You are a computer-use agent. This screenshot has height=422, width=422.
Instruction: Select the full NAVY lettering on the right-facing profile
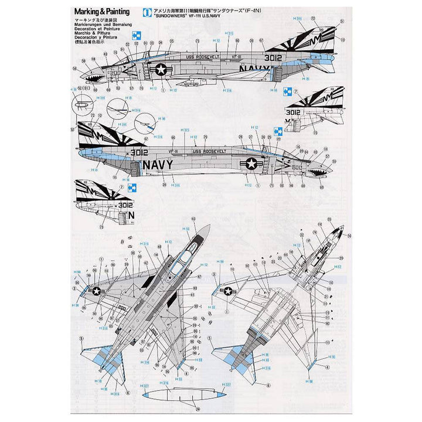point(158,164)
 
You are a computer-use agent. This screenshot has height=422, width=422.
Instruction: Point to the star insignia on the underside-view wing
point(227,291)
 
